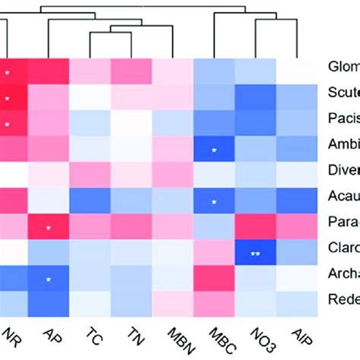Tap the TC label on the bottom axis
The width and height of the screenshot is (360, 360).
coord(94,337)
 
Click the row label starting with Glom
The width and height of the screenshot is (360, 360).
coord(343,66)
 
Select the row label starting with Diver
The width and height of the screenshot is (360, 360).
coord(343,170)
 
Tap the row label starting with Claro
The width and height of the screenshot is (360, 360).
coord(343,248)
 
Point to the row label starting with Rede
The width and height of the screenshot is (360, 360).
coord(343,300)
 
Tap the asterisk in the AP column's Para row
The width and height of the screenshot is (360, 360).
coord(49,228)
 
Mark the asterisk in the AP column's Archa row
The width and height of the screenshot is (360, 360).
coord(49,279)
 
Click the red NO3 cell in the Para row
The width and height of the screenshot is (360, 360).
coord(255,226)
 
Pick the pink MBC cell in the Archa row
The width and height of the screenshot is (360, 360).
coord(214,278)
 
